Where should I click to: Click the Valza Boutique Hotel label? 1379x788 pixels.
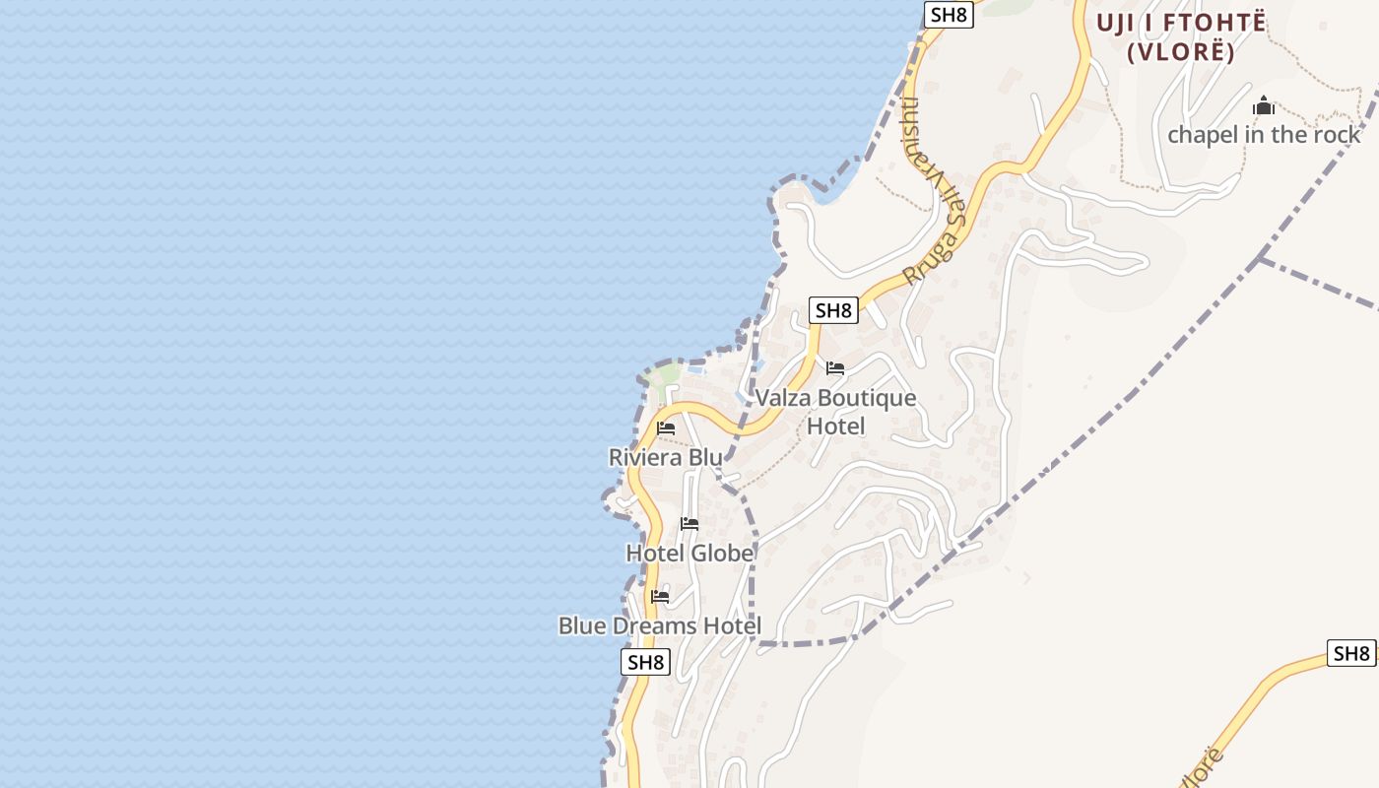pyautogui.click(x=835, y=412)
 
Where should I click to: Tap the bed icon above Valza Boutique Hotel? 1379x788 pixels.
pyautogui.click(x=835, y=369)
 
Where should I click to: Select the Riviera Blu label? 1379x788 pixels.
pyautogui.click(x=665, y=457)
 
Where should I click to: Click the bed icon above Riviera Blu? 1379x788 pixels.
pyautogui.click(x=666, y=428)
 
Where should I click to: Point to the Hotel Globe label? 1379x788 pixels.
pyautogui.click(x=689, y=554)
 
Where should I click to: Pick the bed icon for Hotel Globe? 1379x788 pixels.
pyautogui.click(x=689, y=524)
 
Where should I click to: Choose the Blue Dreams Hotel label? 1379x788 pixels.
pyautogui.click(x=660, y=625)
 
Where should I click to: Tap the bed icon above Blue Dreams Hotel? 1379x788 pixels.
pyautogui.click(x=660, y=597)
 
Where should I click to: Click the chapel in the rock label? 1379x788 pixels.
pyautogui.click(x=1264, y=135)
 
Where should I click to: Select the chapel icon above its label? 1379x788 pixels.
pyautogui.click(x=1264, y=106)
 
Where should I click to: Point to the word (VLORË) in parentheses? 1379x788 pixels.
pyautogui.click(x=1181, y=52)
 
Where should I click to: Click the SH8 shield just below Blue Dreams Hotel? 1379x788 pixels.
pyautogui.click(x=646, y=662)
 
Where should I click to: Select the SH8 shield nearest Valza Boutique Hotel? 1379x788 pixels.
pyautogui.click(x=833, y=310)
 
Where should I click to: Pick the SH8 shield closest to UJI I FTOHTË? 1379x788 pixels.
pyautogui.click(x=949, y=15)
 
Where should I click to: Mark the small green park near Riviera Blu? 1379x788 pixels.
pyautogui.click(x=667, y=374)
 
